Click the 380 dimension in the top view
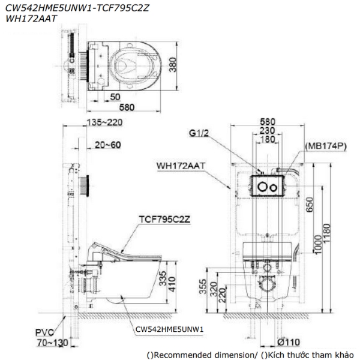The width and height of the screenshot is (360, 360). pos(173,65)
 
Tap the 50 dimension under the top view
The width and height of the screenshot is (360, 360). pos(115,97)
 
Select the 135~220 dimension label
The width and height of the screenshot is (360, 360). pos(104,122)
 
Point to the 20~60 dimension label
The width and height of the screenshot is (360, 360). pos(107,145)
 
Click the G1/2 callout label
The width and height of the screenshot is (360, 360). pos(199,133)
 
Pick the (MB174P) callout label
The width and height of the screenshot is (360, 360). pos(326,146)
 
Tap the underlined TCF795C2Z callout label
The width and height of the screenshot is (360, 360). pos(164,219)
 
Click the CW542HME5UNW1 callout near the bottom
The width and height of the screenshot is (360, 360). pos(169,329)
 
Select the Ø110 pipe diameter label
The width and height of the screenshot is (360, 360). pos(289,342)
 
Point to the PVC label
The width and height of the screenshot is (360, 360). pos(44,332)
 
